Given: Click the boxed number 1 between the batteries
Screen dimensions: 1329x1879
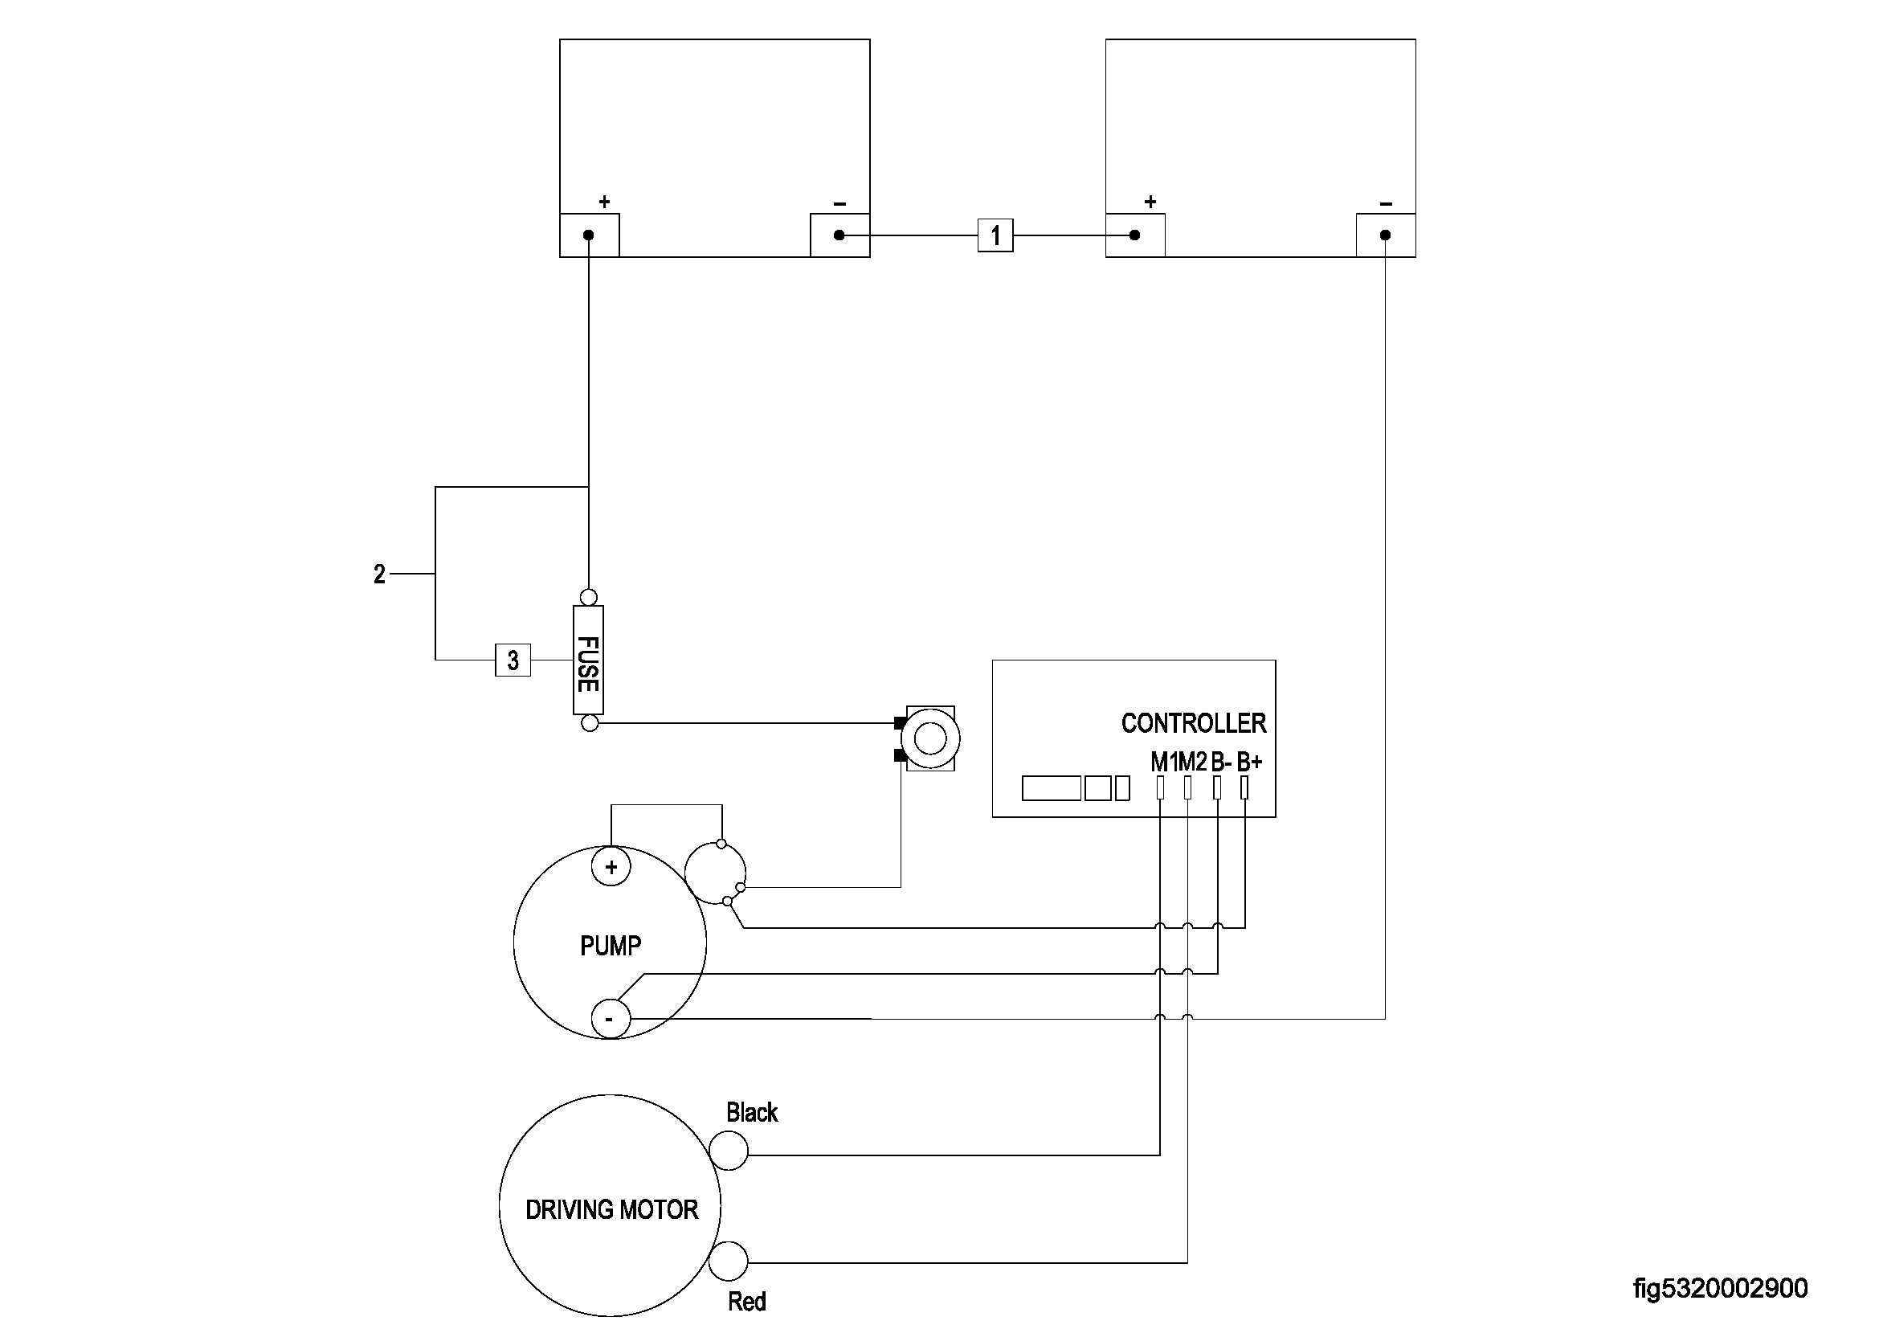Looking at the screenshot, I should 995,235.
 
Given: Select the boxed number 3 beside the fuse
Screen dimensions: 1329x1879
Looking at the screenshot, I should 513,660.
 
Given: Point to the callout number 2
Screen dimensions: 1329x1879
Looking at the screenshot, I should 379,575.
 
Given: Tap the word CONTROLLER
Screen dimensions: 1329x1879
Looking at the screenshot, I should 1193,723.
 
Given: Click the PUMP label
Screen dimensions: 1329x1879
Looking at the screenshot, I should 611,946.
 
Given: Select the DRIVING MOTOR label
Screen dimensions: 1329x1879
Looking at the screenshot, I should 611,1209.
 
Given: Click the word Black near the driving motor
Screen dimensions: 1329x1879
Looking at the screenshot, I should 751,1113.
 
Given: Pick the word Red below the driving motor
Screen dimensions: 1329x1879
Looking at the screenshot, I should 746,1302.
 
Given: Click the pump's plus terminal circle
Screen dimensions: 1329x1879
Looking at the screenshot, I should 611,868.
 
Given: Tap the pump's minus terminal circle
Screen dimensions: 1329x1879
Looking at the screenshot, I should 611,1020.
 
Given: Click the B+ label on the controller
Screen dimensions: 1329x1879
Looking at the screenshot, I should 1249,763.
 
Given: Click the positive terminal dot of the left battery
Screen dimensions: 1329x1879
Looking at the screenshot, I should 588,235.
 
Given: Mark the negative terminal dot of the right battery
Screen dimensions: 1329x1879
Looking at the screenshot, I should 1385,235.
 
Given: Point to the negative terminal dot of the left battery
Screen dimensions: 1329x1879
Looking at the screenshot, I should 839,235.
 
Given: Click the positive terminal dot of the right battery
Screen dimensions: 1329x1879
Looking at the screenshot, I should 1134,235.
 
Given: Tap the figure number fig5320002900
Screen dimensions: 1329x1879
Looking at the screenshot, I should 1720,1289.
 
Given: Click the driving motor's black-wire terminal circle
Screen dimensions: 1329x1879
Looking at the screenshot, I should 729,1151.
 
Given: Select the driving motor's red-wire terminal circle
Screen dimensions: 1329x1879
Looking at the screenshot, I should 729,1261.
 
